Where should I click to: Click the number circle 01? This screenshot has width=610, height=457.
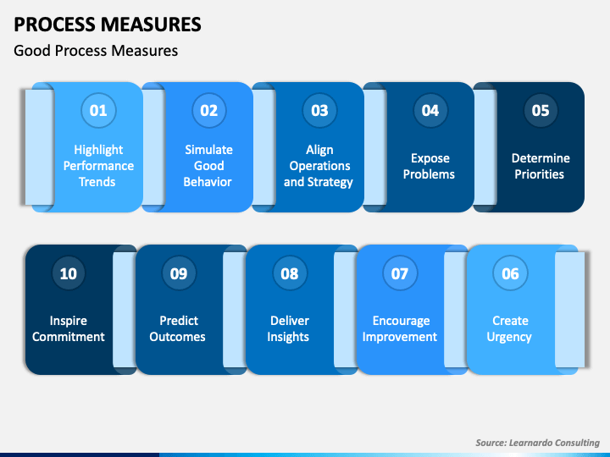pyautogui.click(x=98, y=110)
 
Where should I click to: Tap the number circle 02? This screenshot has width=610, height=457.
pyautogui.click(x=208, y=110)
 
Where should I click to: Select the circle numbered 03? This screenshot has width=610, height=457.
pyautogui.click(x=319, y=110)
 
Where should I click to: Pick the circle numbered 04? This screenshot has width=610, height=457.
pyautogui.click(x=430, y=110)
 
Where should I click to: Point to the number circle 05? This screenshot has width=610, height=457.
pyautogui.click(x=540, y=110)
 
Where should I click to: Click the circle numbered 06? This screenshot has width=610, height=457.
pyautogui.click(x=510, y=273)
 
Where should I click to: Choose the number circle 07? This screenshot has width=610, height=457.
pyautogui.click(x=399, y=273)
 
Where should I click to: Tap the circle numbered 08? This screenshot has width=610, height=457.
pyautogui.click(x=289, y=273)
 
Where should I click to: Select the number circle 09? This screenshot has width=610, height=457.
pyautogui.click(x=178, y=273)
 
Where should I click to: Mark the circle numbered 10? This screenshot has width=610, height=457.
pyautogui.click(x=68, y=273)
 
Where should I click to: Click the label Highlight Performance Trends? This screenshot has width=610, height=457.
pyautogui.click(x=98, y=166)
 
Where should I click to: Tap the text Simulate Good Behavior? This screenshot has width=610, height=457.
pyautogui.click(x=208, y=166)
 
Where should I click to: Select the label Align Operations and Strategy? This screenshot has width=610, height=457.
pyautogui.click(x=319, y=166)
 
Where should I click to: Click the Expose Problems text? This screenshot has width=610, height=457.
pyautogui.click(x=429, y=166)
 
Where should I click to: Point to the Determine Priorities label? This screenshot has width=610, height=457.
pyautogui.click(x=541, y=166)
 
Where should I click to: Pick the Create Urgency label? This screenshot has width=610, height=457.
pyautogui.click(x=510, y=328)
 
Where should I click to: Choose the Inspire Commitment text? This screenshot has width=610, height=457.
pyautogui.click(x=69, y=328)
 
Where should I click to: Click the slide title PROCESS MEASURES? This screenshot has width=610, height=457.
pyautogui.click(x=108, y=24)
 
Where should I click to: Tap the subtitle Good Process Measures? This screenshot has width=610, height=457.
pyautogui.click(x=96, y=51)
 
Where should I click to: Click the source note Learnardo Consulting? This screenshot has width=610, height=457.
pyautogui.click(x=537, y=443)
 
